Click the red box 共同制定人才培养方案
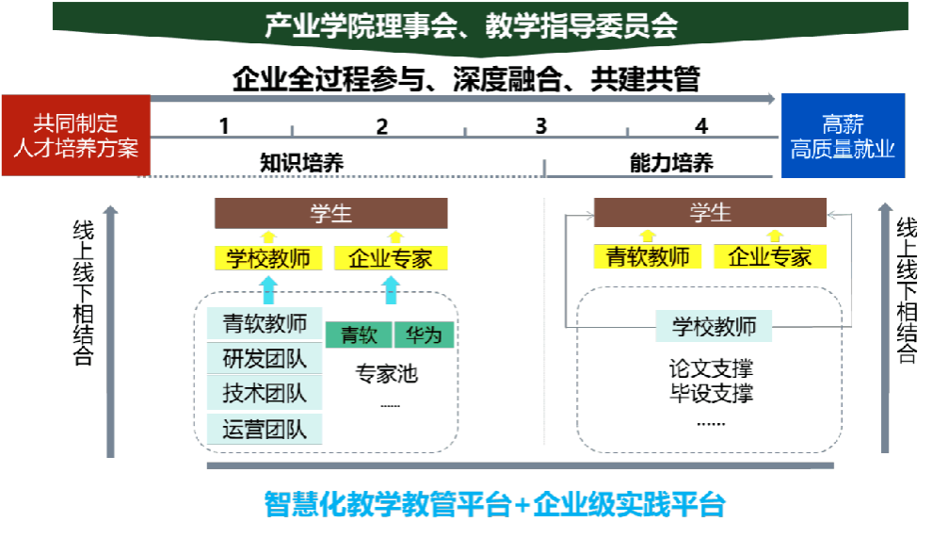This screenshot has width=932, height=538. (75, 136)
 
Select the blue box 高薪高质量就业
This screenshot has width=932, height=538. (843, 136)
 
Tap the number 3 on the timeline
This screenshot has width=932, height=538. (541, 125)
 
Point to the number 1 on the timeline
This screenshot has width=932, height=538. (224, 125)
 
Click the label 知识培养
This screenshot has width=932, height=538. (301, 163)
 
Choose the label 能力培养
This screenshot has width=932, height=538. (671, 163)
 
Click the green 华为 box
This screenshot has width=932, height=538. (424, 334)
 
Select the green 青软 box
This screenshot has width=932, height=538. (359, 334)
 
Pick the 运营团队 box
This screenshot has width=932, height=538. (265, 430)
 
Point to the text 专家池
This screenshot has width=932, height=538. (386, 374)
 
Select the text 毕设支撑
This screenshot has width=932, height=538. (711, 393)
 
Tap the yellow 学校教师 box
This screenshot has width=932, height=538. (268, 258)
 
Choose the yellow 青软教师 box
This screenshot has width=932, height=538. (648, 256)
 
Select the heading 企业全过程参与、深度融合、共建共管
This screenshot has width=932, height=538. (466, 79)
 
